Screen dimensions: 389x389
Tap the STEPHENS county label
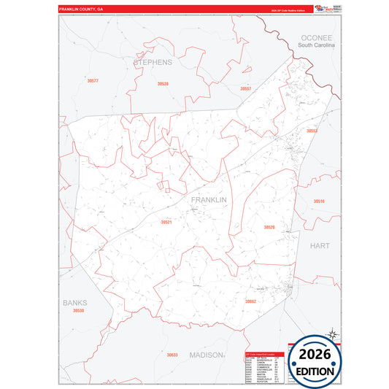point(153,62)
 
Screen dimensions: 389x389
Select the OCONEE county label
point(315,37)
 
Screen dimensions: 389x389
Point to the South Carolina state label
point(316,45)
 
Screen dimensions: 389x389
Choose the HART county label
point(320,246)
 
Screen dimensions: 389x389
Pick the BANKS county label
point(74,302)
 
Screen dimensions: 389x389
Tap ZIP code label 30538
point(162,84)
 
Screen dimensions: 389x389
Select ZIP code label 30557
point(246,88)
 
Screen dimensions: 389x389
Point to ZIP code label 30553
point(312,131)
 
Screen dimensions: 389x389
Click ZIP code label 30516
point(319,201)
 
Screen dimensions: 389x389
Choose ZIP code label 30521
point(166,222)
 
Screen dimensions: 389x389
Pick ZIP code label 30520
point(269,227)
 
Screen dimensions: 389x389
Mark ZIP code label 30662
point(250,301)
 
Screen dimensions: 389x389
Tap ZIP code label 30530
point(78,311)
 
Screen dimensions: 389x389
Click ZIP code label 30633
point(172,355)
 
